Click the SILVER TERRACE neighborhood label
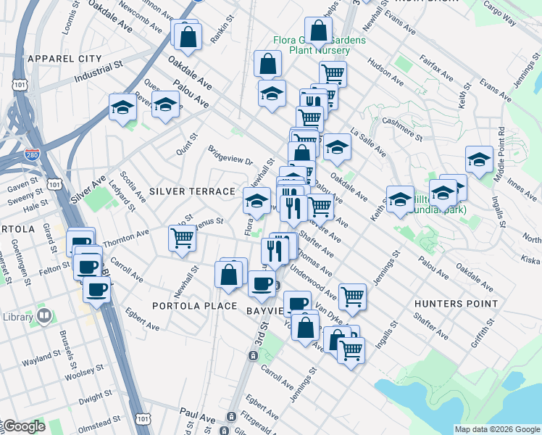192,191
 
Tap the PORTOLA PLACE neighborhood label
194,306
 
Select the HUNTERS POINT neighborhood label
456,304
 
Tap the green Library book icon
44,316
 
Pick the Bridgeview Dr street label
230,159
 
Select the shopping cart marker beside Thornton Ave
182,237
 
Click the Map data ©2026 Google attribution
497,429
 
